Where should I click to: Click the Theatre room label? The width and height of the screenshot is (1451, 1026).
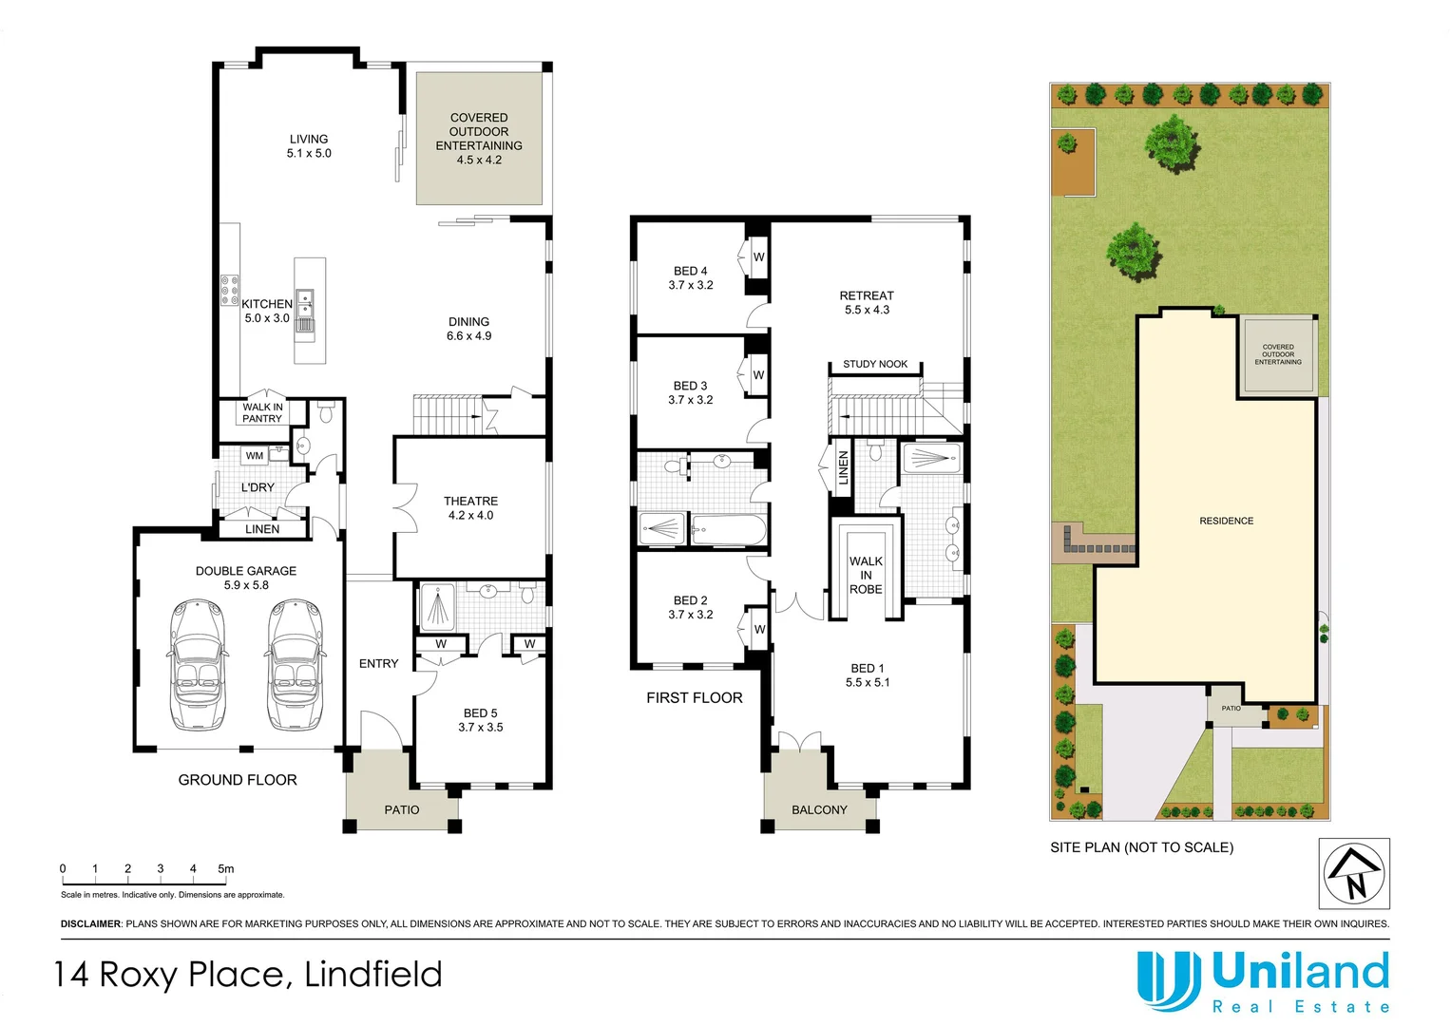click(470, 502)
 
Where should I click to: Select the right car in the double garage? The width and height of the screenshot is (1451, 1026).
click(294, 664)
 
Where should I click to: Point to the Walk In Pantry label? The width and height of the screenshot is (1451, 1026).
click(262, 412)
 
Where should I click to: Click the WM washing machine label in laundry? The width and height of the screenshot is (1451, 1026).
click(255, 456)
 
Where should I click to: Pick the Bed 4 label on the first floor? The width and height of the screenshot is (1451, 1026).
click(691, 272)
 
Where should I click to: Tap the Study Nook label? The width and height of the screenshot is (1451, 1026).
click(875, 364)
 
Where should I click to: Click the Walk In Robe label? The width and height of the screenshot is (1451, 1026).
click(866, 575)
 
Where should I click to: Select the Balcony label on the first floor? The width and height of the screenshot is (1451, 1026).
click(819, 810)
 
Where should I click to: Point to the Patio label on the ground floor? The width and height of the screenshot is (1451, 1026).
click(402, 810)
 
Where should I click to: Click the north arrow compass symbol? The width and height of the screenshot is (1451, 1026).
click(1354, 873)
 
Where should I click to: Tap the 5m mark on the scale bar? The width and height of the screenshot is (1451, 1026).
click(225, 868)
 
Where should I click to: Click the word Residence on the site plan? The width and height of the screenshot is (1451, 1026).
click(1226, 521)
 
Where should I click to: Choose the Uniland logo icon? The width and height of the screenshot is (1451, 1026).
click(1168, 981)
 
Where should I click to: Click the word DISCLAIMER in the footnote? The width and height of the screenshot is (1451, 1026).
click(91, 923)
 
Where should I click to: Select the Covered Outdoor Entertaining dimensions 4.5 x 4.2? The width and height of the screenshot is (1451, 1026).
click(479, 160)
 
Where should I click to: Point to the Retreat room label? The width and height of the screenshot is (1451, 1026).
click(867, 295)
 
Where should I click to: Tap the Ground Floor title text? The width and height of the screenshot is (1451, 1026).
click(238, 780)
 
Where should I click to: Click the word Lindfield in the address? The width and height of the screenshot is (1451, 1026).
click(373, 975)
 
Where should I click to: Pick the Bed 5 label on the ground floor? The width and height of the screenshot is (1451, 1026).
click(481, 713)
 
